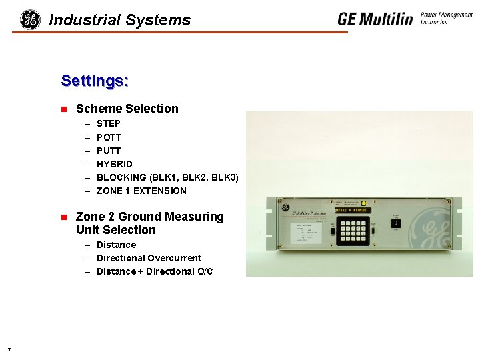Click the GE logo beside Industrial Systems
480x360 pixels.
[30, 19]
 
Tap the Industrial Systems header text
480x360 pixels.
[120, 20]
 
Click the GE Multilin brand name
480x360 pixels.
[375, 19]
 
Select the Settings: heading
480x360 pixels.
[95, 81]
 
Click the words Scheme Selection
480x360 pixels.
[127, 109]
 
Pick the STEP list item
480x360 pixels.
[109, 123]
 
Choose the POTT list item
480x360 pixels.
[109, 137]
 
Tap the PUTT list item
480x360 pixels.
[109, 151]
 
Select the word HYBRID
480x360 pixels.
[115, 164]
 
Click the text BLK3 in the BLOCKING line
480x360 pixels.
[225, 177]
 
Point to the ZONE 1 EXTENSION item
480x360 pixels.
[141, 191]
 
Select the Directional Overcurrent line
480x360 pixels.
[149, 258]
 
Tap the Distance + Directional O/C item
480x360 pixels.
[155, 271]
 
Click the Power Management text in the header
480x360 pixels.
[446, 15]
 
